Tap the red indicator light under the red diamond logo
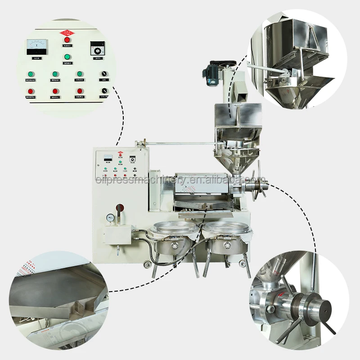click(67, 40)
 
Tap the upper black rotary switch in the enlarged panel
click(104, 73)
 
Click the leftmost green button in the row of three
click(31, 74)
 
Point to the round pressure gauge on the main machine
click(110, 217)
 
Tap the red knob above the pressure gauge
click(119, 208)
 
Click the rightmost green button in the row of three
click(79, 74)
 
